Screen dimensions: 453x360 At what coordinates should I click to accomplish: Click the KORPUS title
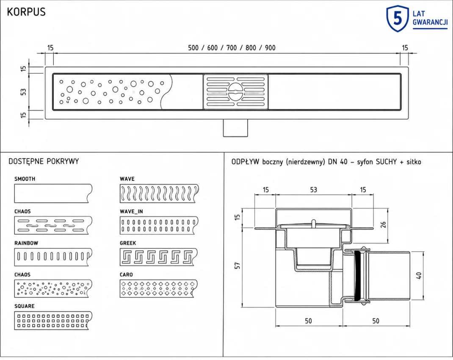tap(26, 12)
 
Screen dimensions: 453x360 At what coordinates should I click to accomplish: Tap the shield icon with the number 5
tap(398, 19)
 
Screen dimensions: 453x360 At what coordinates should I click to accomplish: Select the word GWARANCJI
tap(430, 22)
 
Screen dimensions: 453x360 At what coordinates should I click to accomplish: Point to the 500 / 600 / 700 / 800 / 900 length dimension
tap(232, 48)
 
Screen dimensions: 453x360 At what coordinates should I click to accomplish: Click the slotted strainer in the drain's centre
tap(235, 92)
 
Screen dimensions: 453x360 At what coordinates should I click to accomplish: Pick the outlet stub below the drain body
tap(235, 128)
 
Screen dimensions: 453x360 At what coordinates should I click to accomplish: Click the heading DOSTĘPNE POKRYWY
tap(44, 161)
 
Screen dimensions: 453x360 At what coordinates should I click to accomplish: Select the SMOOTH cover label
tap(25, 179)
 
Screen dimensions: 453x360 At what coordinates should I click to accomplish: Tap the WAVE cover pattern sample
tap(159, 193)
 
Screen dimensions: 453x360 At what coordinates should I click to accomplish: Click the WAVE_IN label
tap(131, 211)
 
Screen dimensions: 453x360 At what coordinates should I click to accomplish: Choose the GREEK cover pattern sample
tap(159, 257)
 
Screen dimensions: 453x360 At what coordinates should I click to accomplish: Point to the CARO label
tap(126, 274)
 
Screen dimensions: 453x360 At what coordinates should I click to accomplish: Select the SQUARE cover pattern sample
tap(53, 321)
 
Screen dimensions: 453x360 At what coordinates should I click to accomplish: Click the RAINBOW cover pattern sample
tap(53, 257)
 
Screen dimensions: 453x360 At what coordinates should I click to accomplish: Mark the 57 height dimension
tap(238, 266)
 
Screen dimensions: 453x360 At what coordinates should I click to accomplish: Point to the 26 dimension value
tap(383, 224)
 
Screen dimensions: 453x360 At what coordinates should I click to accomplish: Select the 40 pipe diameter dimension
tap(419, 275)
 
